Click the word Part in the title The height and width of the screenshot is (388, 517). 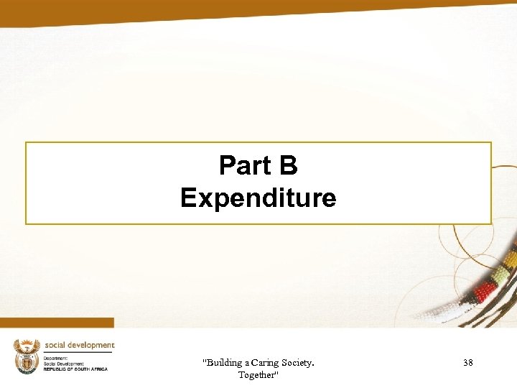pyautogui.click(x=243, y=166)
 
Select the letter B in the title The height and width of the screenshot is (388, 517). pyautogui.click(x=287, y=166)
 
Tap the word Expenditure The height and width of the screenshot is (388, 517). pyautogui.click(x=258, y=198)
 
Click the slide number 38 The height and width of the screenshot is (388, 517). pyautogui.click(x=468, y=363)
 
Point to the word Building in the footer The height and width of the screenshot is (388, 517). pyautogui.click(x=225, y=363)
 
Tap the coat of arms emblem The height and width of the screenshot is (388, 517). pyautogui.click(x=27, y=356)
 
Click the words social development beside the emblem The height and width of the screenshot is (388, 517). pyautogui.click(x=79, y=345)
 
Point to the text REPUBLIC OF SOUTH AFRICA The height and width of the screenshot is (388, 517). pyautogui.click(x=75, y=369)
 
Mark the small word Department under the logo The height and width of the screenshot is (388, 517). pyautogui.click(x=55, y=358)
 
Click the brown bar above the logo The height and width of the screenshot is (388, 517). pyautogui.click(x=57, y=323)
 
